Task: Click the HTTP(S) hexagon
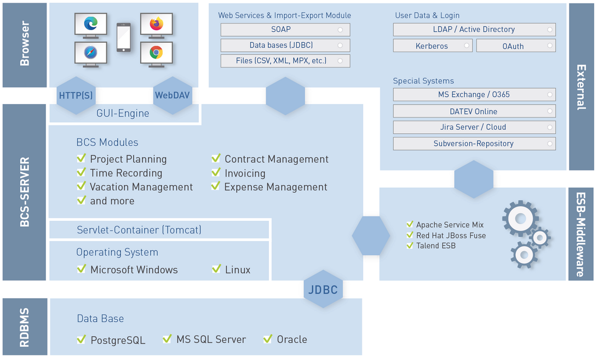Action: pyautogui.click(x=76, y=95)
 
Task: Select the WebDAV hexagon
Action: pyautogui.click(x=173, y=95)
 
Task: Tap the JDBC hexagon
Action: pyautogui.click(x=323, y=289)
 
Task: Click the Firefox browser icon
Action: pyautogui.click(x=157, y=24)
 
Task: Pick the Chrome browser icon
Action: pyautogui.click(x=157, y=53)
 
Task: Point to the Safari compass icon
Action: pyautogui.click(x=91, y=53)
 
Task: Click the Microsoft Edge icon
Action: pyautogui.click(x=91, y=24)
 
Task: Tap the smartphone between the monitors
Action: pyautogui.click(x=124, y=37)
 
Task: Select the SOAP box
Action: pyautogui.click(x=285, y=30)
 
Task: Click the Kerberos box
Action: pyautogui.click(x=432, y=46)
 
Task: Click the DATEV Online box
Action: pyautogui.click(x=474, y=111)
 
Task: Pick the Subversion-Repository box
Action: pyautogui.click(x=474, y=144)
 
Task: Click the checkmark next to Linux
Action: pyautogui.click(x=216, y=269)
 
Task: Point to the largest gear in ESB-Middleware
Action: pyautogui.click(x=520, y=219)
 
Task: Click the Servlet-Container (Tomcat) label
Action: pyautogui.click(x=139, y=230)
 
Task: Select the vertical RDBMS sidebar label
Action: pyautogui.click(x=25, y=327)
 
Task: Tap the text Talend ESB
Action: pyautogui.click(x=435, y=246)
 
